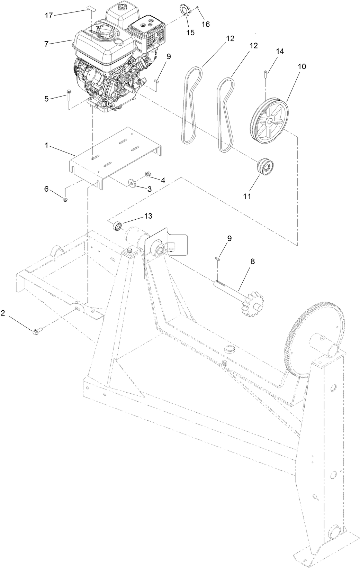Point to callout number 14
[x=280, y=51]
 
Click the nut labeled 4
[x=147, y=174]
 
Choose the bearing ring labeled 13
[x=118, y=226]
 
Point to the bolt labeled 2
[x=36, y=331]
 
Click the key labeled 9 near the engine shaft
[x=156, y=81]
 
